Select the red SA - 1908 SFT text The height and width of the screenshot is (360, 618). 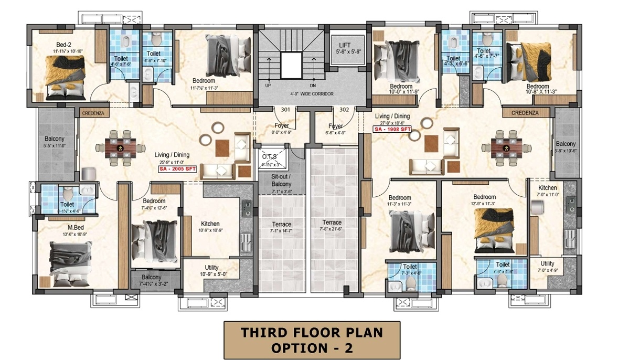(392, 129)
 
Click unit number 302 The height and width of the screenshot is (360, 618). (344, 110)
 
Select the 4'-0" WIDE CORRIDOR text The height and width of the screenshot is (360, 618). (312, 94)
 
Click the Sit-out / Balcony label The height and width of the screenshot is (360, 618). (281, 181)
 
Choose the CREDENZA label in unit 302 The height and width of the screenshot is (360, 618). (526, 112)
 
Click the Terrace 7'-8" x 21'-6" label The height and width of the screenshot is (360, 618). (332, 223)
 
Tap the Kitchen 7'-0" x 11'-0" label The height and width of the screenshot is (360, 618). (547, 188)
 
